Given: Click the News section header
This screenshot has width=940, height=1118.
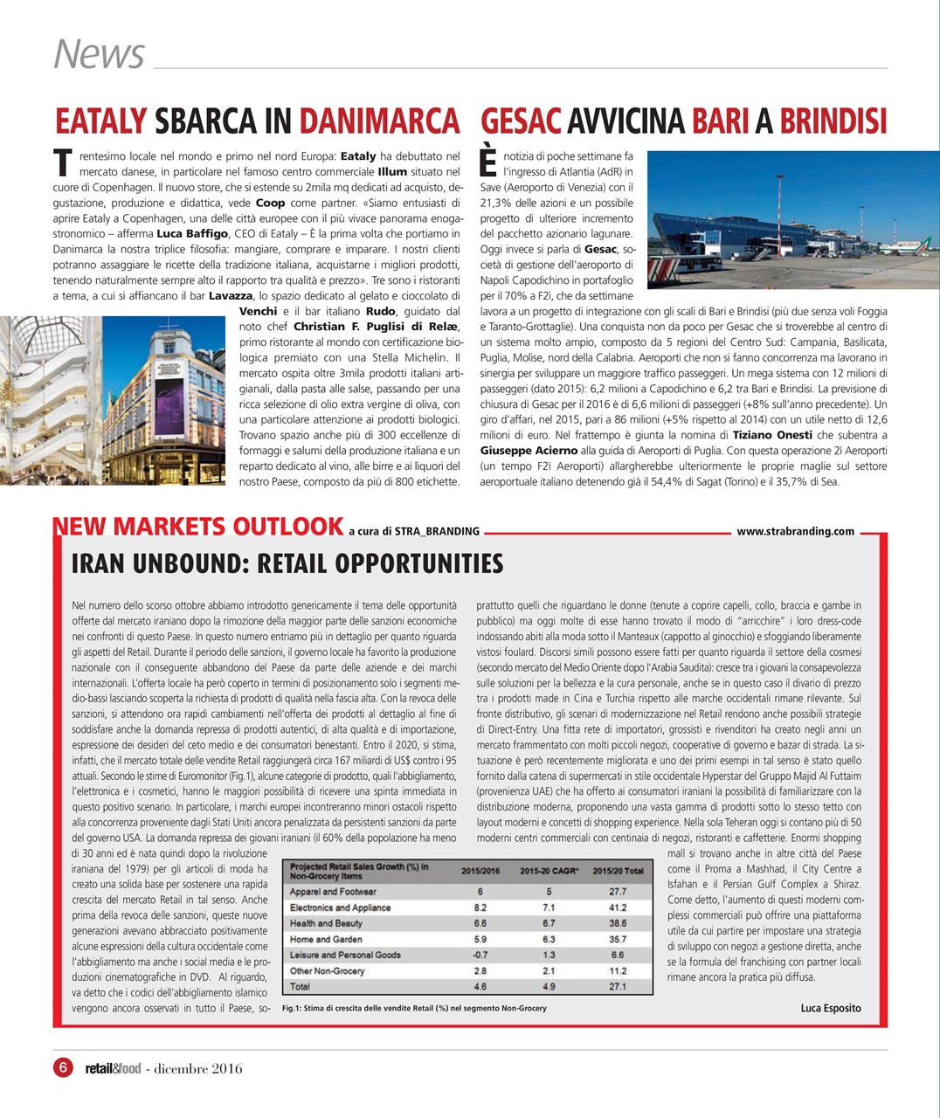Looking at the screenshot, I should click(99, 53).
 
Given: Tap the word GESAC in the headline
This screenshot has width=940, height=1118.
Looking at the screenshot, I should click(521, 121).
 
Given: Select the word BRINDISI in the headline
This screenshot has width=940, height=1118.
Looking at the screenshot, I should click(833, 121).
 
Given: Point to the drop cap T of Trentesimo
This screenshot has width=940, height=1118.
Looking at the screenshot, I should click(62, 162).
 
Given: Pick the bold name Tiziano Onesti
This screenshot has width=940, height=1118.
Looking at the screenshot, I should click(772, 435).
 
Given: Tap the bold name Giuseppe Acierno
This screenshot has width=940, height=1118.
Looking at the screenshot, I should click(529, 451).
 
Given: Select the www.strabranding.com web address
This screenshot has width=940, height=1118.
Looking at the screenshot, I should click(795, 531).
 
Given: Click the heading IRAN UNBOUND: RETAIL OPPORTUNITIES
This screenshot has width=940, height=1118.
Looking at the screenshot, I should click(287, 564).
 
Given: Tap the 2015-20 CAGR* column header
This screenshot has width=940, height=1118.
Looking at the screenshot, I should click(549, 870).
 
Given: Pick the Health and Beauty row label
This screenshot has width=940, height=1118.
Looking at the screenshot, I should click(326, 923).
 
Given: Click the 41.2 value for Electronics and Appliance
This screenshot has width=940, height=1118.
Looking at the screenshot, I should click(618, 908).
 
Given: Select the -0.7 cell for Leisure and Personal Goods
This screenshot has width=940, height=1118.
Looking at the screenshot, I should click(480, 955).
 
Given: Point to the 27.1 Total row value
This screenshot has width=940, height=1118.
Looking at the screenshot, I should click(618, 987).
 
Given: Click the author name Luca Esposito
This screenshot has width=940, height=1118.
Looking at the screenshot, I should click(830, 1008).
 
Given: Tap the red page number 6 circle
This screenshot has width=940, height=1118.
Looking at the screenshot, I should click(63, 1067).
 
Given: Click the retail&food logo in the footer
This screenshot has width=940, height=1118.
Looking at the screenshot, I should click(112, 1068).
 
